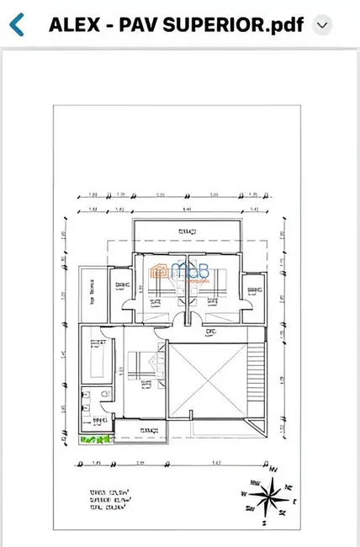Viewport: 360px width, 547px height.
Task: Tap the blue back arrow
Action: pyautogui.click(x=17, y=24)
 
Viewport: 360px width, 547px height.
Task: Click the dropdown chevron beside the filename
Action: pyautogui.click(x=321, y=25)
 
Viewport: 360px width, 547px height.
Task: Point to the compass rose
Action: pyautogui.click(x=268, y=495)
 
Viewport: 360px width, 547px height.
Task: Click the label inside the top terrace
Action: pyautogui.click(x=186, y=231)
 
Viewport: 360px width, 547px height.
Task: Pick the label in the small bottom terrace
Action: pyautogui.click(x=148, y=431)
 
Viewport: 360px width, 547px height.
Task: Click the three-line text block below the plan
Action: pyautogui.click(x=110, y=501)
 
